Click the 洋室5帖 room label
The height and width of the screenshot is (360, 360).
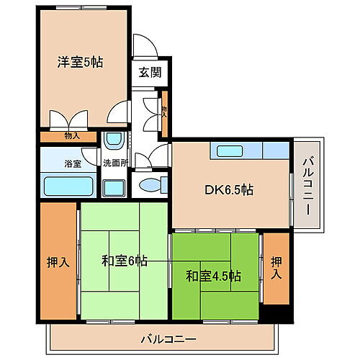point(81,62)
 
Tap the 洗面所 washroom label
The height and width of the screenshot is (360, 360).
point(114,163)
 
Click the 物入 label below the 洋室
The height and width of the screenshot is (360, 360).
point(71,135)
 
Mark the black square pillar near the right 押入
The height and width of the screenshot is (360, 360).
point(275,311)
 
